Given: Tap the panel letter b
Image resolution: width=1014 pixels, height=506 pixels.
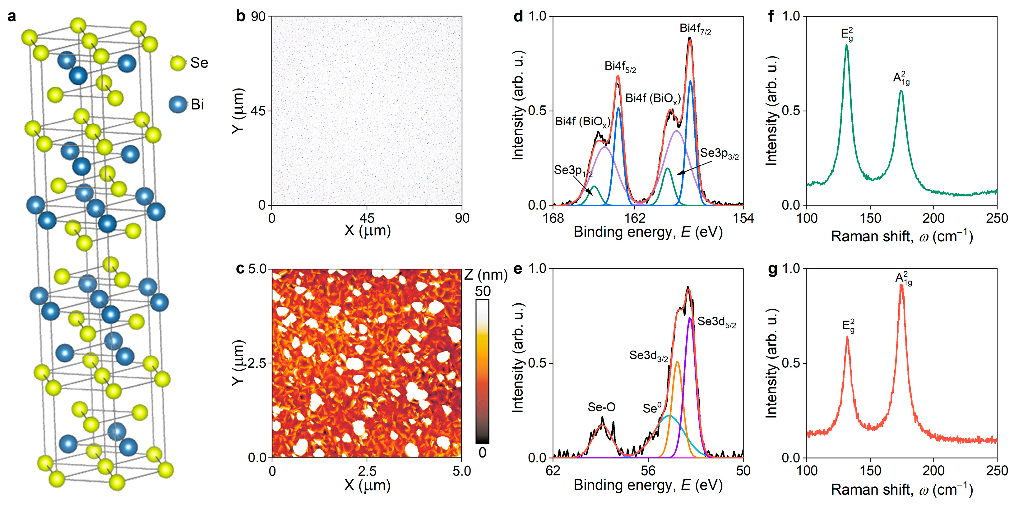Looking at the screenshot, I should (x=240, y=16).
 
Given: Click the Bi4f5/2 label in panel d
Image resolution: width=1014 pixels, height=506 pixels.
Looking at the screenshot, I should (x=620, y=67).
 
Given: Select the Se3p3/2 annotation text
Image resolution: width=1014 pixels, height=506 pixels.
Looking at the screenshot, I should (x=719, y=154).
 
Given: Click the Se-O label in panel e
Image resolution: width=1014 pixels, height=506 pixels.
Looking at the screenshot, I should (x=601, y=407).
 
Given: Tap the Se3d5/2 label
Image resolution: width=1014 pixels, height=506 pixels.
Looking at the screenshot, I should (x=716, y=322).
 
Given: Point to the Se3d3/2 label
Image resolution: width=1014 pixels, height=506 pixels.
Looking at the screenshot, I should (x=648, y=356).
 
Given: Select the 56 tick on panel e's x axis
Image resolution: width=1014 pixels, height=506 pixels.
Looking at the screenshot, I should (x=648, y=471).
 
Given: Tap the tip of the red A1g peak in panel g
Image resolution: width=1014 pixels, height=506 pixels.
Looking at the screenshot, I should (x=901, y=285).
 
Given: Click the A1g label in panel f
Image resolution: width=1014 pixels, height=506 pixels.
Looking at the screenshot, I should (x=901, y=78).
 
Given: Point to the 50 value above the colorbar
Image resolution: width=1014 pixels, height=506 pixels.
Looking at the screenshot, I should (x=483, y=291).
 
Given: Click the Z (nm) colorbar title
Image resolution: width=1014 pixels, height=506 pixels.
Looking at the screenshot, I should (x=486, y=275).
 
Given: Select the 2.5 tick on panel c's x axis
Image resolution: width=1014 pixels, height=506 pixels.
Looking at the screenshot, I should (x=367, y=471).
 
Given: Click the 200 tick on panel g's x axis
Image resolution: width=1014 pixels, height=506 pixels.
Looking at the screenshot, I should (x=933, y=471).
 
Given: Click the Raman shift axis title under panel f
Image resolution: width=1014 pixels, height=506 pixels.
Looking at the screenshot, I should (x=901, y=237).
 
